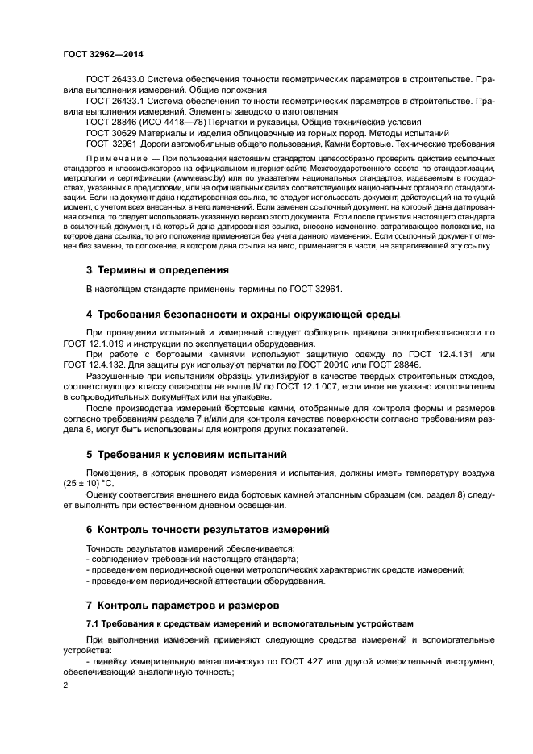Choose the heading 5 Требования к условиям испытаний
(x=186, y=455)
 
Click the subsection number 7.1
(x=93, y=623)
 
